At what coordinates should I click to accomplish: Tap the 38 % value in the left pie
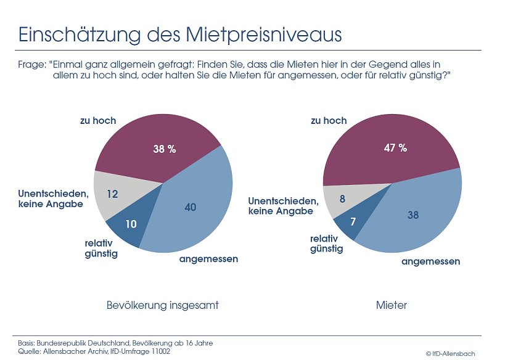point(165,149)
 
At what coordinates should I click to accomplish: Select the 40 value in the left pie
point(191,207)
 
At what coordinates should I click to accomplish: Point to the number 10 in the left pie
point(131,224)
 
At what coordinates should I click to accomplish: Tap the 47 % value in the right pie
point(395,148)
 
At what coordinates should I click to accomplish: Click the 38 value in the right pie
point(413,215)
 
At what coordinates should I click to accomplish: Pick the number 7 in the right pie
point(353,221)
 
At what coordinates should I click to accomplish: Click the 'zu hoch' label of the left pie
point(98,120)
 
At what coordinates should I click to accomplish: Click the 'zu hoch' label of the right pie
point(329,120)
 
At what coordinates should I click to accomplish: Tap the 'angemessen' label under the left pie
point(208,259)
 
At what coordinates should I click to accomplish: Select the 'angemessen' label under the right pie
point(430,261)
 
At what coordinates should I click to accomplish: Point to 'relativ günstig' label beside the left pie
point(101,248)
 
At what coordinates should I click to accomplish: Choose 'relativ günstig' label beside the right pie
point(326,243)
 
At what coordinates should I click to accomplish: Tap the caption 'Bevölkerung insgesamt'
point(163,305)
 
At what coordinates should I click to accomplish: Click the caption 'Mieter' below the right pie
point(392,305)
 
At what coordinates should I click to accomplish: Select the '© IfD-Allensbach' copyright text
point(450,353)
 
